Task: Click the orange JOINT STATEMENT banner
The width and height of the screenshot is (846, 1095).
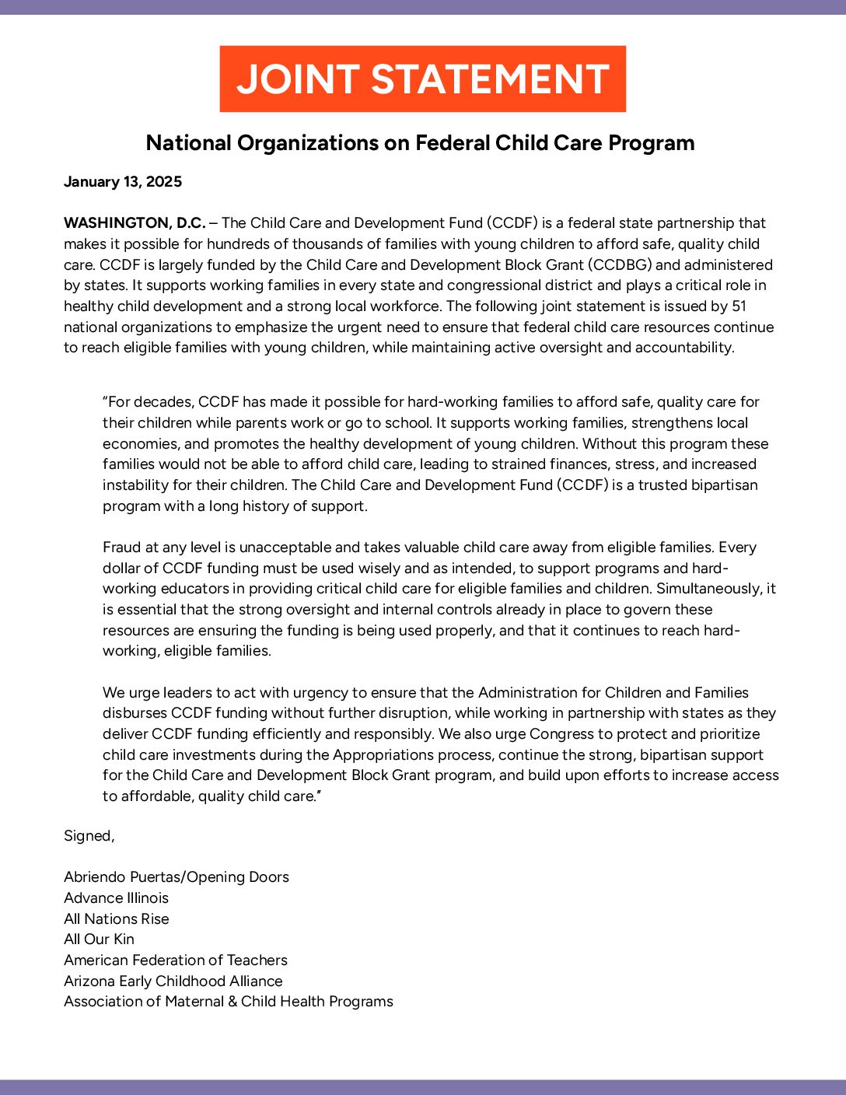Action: click(422, 79)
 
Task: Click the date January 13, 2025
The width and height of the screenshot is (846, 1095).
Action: click(123, 182)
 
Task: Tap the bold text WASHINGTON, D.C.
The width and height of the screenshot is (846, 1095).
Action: click(135, 223)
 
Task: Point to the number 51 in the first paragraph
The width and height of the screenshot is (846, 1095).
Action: click(739, 306)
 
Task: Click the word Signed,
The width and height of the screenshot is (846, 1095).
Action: click(89, 836)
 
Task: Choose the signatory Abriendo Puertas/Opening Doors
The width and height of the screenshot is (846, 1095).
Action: click(177, 877)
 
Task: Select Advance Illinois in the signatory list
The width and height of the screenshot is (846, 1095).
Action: click(116, 898)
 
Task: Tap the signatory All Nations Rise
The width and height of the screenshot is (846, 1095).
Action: click(116, 919)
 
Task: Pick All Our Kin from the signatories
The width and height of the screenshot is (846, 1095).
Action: click(99, 939)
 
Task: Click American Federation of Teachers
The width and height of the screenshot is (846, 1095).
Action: click(176, 960)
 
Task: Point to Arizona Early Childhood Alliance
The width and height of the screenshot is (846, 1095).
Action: click(173, 981)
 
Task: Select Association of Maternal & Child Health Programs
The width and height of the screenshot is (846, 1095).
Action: click(229, 1002)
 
